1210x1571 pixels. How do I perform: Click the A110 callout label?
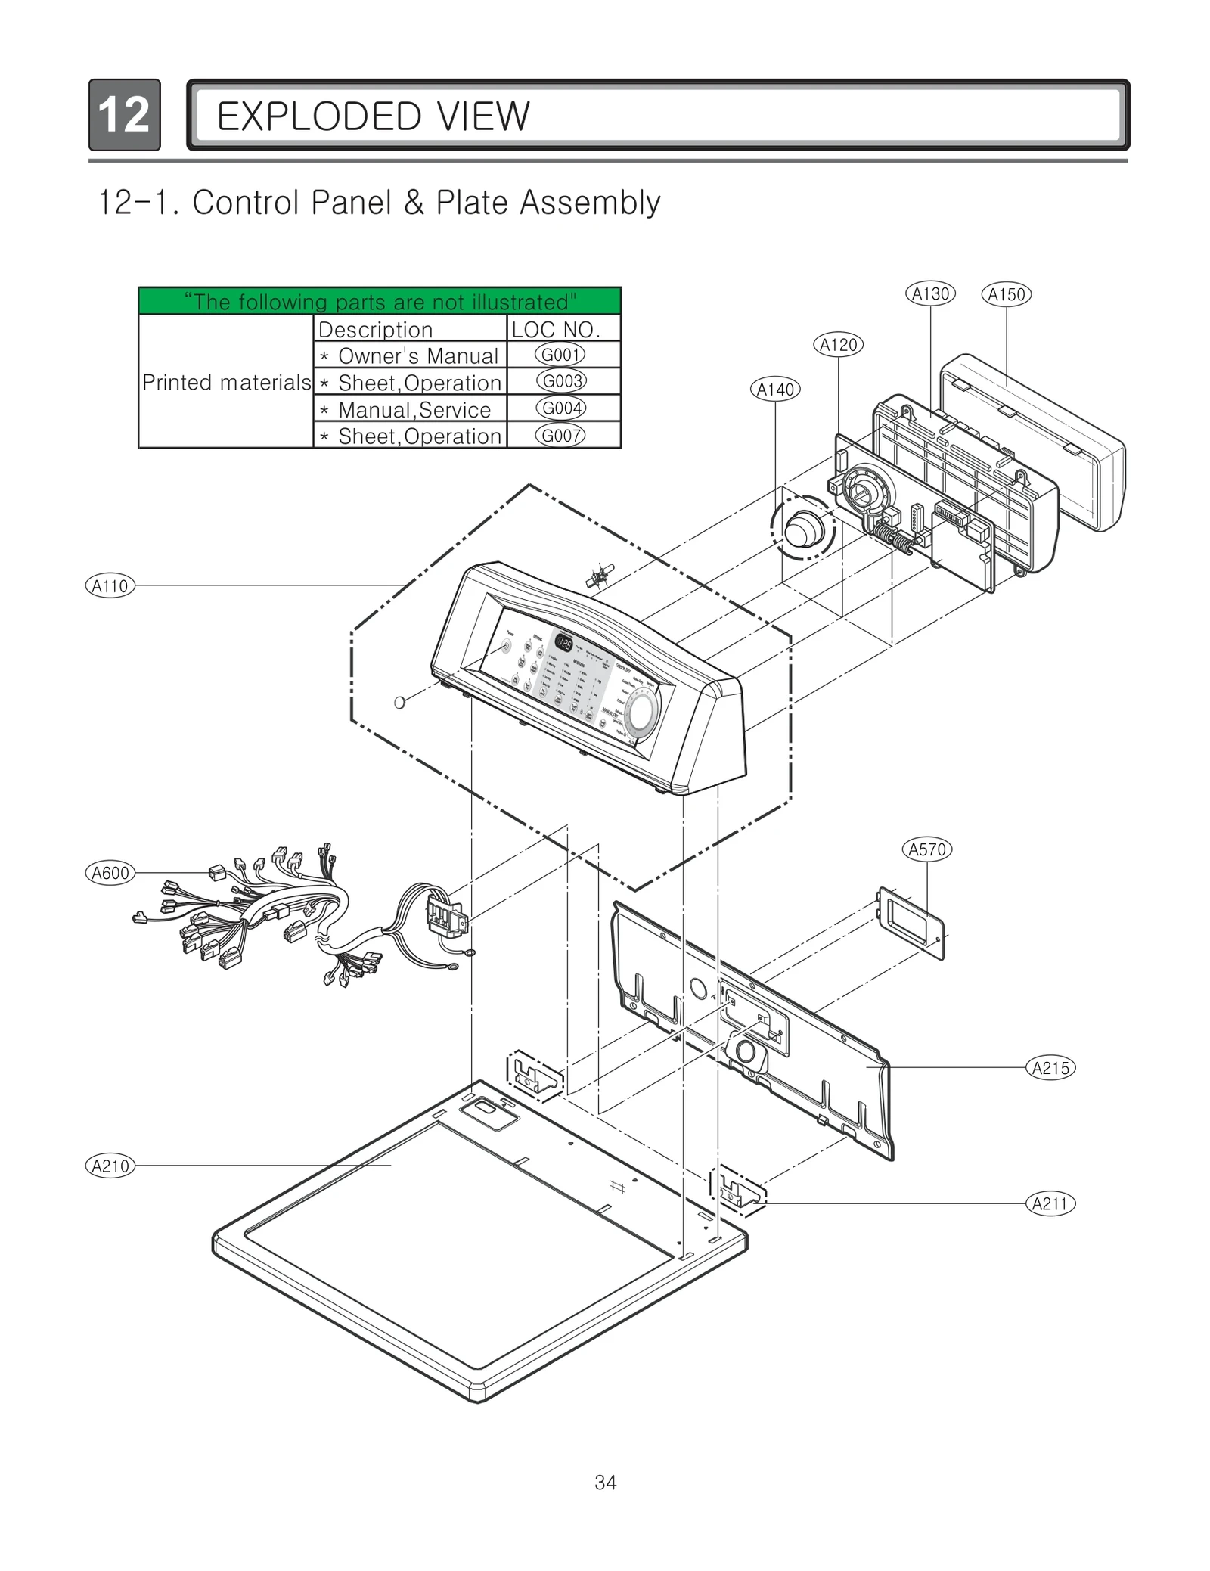point(110,585)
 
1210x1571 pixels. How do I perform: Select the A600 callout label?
point(110,873)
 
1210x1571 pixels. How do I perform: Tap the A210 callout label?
point(110,1166)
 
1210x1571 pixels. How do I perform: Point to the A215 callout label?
point(1050,1068)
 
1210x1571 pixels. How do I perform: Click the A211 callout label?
point(1050,1203)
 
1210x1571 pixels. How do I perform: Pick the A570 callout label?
point(927,849)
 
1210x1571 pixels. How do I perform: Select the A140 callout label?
point(776,390)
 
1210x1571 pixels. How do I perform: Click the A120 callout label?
point(839,345)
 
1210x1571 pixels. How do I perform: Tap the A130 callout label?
point(930,293)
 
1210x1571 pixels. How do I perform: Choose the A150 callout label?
point(1006,294)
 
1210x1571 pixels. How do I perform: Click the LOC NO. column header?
point(556,329)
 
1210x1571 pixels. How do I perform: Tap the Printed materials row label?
point(226,383)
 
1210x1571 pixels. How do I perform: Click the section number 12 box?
point(124,115)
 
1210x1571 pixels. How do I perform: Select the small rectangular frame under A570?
point(911,923)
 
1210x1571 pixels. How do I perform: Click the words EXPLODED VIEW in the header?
point(373,116)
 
